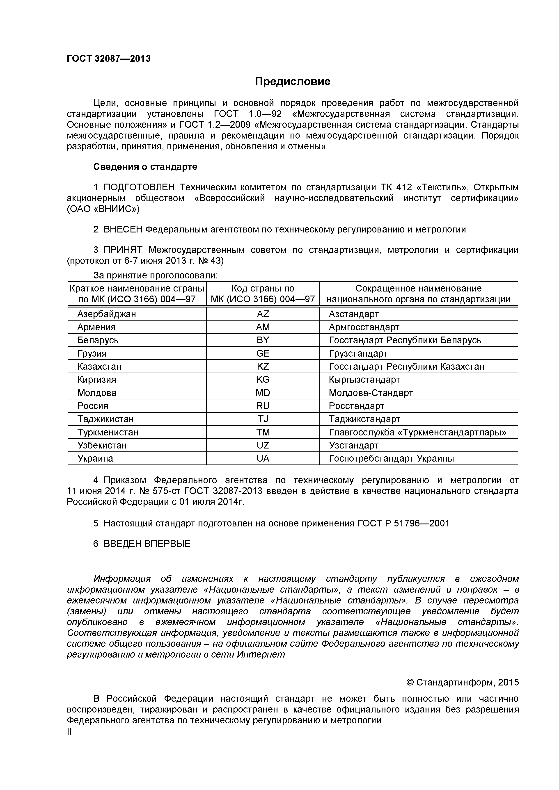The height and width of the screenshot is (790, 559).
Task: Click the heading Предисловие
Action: (x=292, y=82)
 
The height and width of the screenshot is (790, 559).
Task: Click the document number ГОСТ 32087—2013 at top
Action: (x=109, y=59)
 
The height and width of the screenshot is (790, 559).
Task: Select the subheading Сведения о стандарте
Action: (x=145, y=167)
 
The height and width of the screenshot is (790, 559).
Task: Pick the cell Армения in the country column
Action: (x=96, y=327)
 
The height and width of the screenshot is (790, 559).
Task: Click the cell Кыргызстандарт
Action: (x=364, y=380)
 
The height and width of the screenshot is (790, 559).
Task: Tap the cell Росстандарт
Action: (x=356, y=406)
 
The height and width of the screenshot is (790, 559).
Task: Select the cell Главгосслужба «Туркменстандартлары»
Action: (x=417, y=432)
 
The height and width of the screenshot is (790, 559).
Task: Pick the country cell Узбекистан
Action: (x=102, y=445)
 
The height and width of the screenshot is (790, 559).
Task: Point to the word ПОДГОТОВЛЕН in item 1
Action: (x=139, y=187)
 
